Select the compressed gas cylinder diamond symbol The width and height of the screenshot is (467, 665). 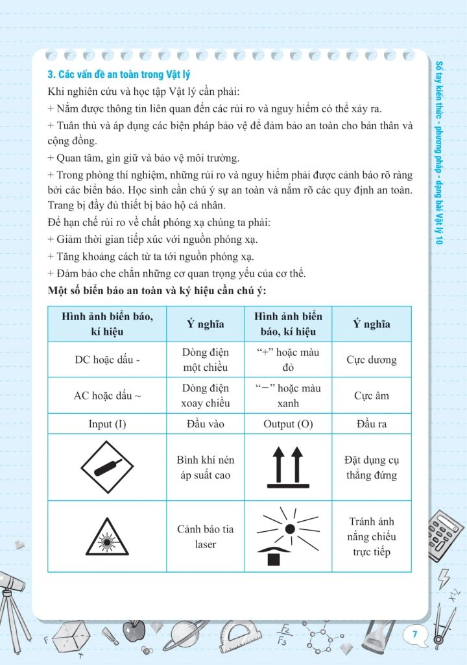[107, 467]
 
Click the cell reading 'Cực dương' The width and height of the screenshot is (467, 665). [372, 360]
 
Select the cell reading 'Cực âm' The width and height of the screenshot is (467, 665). [372, 395]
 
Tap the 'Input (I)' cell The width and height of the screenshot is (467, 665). [107, 424]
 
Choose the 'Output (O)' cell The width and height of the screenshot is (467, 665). [288, 424]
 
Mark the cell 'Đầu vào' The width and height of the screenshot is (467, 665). [206, 424]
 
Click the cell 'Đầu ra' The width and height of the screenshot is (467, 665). [372, 424]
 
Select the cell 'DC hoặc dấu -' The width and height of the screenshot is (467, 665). [107, 360]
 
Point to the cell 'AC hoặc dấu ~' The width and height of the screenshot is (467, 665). [107, 395]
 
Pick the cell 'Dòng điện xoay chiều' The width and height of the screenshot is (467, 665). [206, 395]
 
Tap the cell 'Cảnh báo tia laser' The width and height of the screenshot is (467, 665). [206, 536]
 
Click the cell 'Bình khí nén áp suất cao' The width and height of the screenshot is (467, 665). [206, 467]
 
